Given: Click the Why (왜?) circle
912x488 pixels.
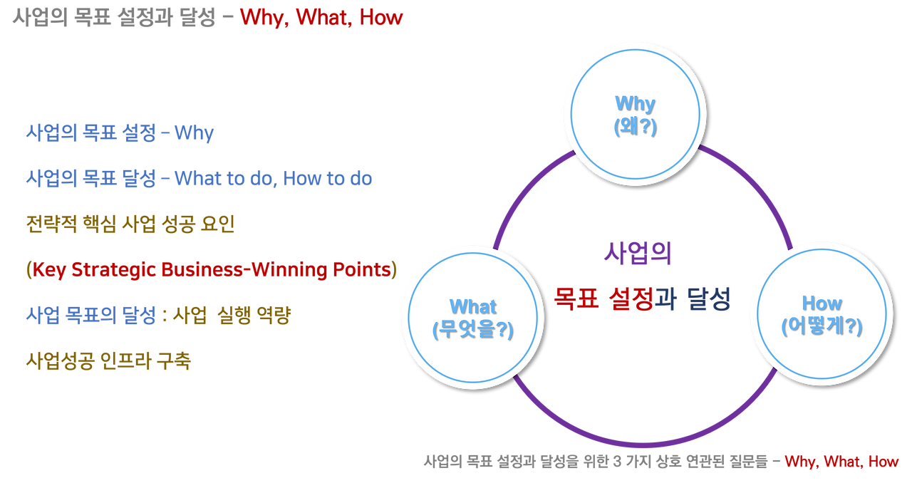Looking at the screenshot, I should tap(634, 115).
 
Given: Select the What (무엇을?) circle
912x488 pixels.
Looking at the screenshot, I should tap(472, 318).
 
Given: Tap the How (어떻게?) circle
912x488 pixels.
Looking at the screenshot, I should tap(821, 314).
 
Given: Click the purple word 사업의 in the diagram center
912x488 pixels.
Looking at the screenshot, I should tap(638, 253).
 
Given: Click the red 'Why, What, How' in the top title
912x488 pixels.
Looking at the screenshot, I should tap(321, 18).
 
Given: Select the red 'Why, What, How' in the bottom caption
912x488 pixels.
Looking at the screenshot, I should tap(841, 462).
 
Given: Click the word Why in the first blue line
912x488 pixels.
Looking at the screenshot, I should tap(195, 133).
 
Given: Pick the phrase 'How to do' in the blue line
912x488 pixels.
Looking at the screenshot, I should tap(327, 179).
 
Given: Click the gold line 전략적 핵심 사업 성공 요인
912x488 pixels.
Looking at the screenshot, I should tap(130, 224).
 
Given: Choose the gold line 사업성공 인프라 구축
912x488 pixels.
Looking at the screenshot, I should tap(108, 360).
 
